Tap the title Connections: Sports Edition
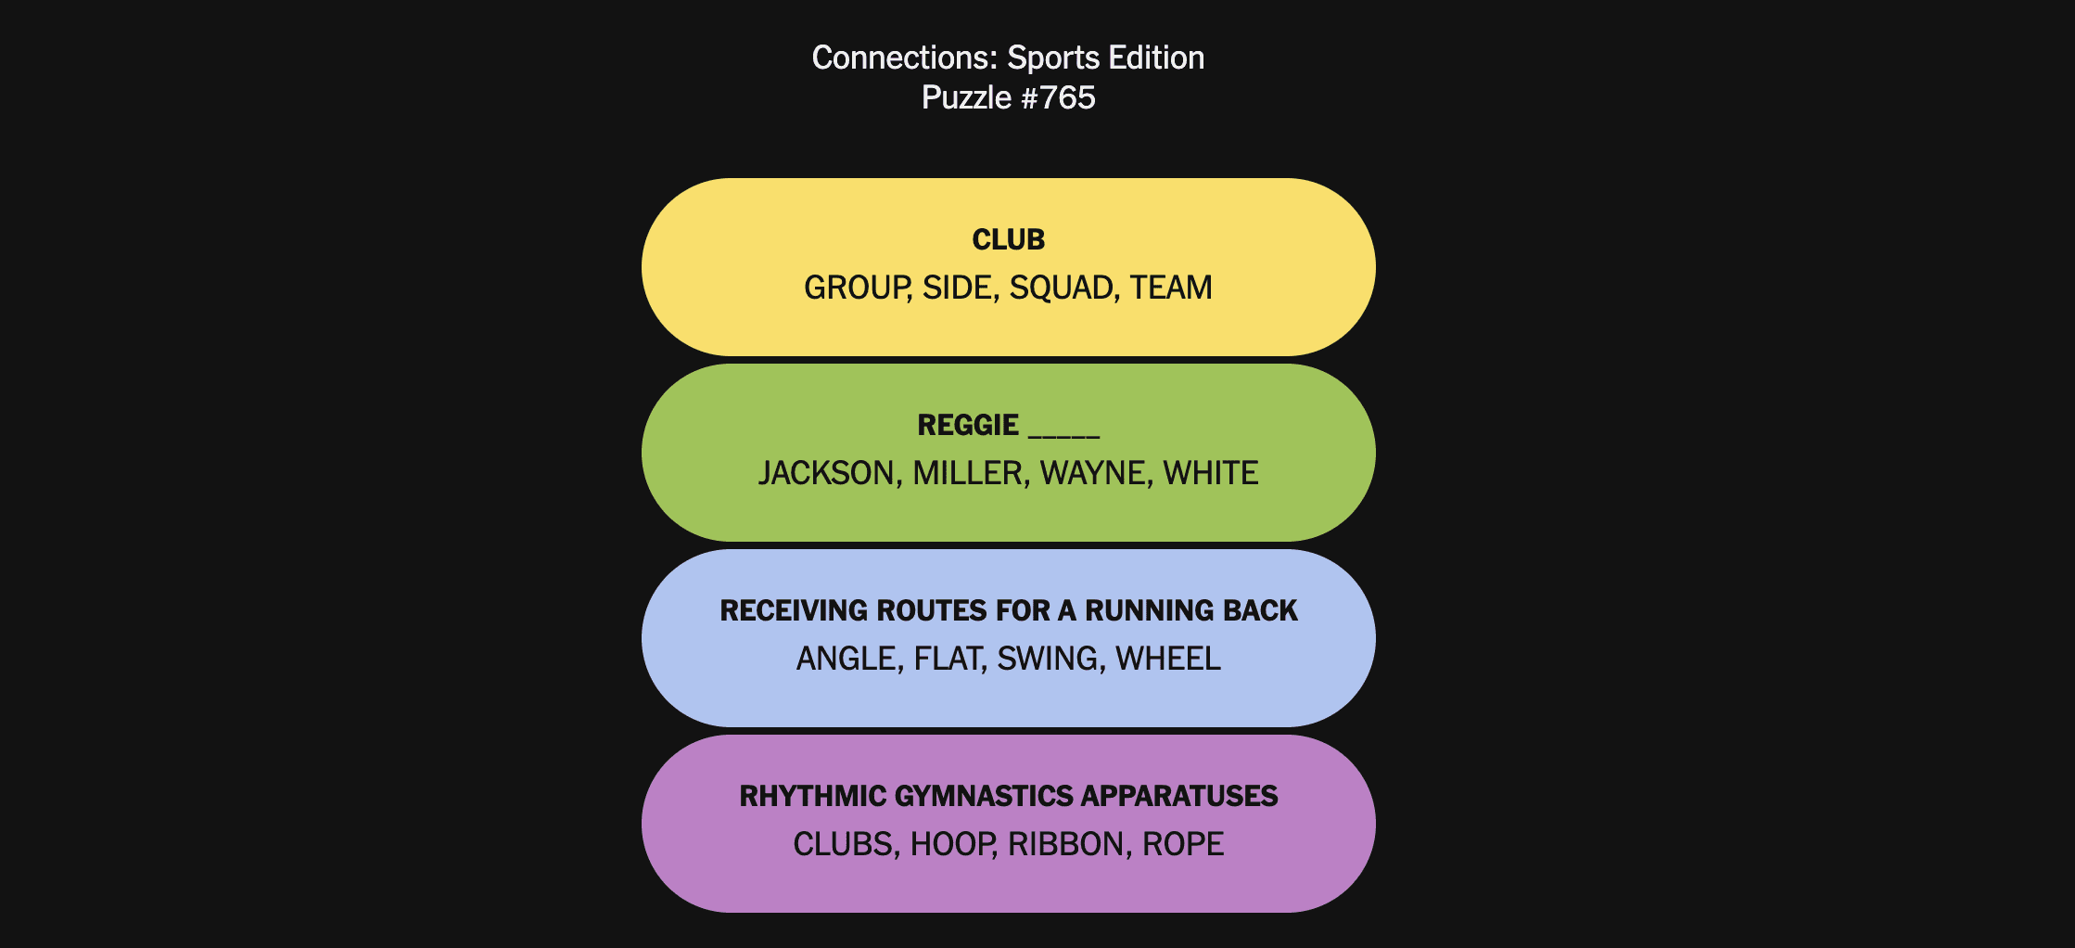1008,58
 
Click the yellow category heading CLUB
1008,239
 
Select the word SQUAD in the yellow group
1060,288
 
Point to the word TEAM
1171,288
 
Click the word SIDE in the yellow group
958,288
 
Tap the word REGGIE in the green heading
968,425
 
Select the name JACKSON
826,473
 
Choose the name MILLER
968,473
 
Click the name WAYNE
1093,473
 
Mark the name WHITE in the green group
1211,473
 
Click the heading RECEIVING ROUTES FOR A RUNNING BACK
1008,610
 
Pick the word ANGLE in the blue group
847,659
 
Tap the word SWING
1048,659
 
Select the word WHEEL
1168,659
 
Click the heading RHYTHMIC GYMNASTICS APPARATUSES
1008,796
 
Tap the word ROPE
1183,844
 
